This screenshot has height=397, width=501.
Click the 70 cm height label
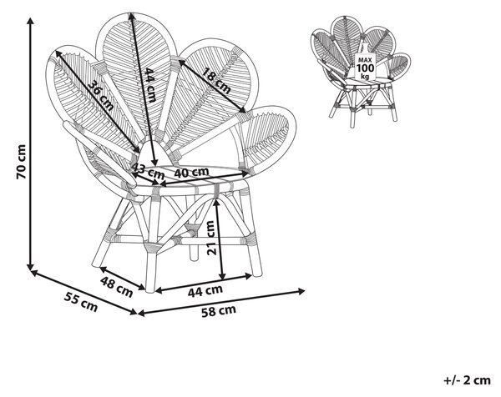click(x=22, y=162)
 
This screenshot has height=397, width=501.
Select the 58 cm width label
click(x=219, y=311)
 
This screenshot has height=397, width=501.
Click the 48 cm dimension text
click(x=116, y=287)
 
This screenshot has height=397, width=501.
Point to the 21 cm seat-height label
click(x=211, y=238)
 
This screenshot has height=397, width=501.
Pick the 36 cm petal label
click(x=100, y=95)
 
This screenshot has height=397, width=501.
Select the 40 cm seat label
click(x=191, y=173)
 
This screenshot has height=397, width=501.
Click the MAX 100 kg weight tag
click(x=365, y=67)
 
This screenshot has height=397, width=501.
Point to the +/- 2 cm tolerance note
click(x=467, y=380)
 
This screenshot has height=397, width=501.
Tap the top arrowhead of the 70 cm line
click(x=31, y=19)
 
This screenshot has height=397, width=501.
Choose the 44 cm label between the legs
click(x=205, y=291)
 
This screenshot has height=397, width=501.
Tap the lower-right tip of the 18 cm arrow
click(x=245, y=112)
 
